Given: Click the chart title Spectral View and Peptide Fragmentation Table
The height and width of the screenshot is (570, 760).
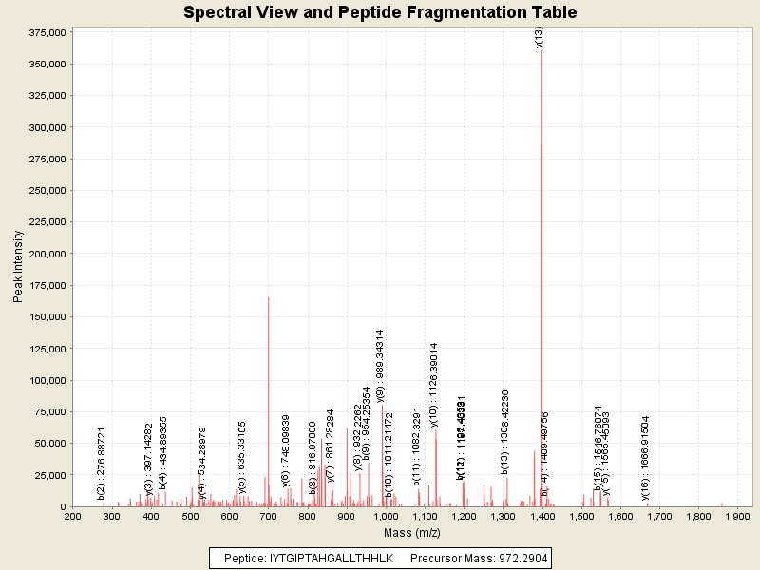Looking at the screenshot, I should point(380,12).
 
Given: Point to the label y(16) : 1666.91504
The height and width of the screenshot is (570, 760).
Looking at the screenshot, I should point(646,457).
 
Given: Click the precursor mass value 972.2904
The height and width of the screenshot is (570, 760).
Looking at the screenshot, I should point(519,558).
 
